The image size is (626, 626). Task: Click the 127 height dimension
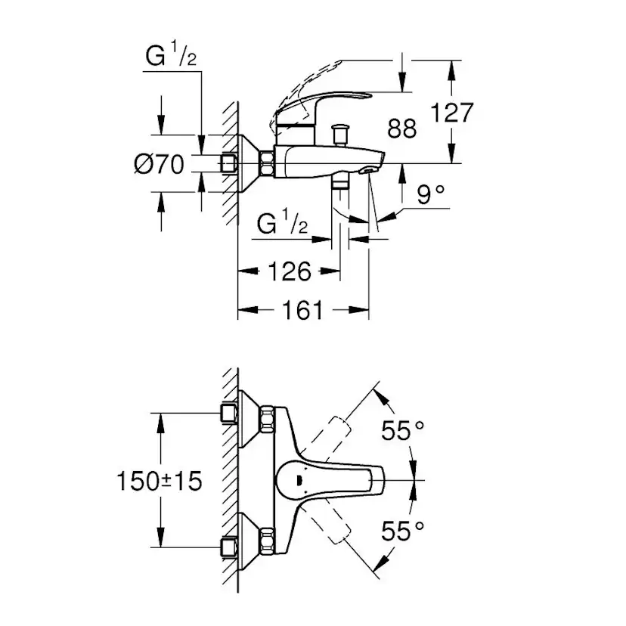click(x=451, y=113)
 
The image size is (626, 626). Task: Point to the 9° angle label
click(x=431, y=196)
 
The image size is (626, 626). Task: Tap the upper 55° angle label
click(x=401, y=431)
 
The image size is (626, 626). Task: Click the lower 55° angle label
click(x=401, y=532)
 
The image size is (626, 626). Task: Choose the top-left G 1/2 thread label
click(x=170, y=58)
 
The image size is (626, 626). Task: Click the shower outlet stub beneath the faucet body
click(x=340, y=184)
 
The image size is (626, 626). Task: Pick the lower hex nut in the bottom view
click(x=268, y=541)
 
